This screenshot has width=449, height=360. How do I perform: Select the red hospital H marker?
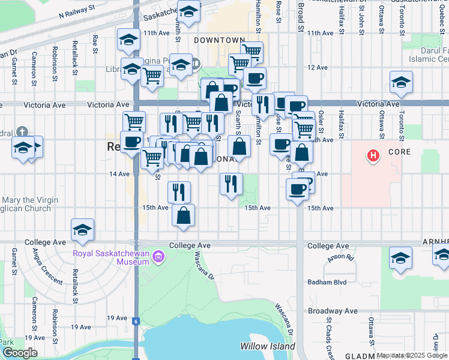coord(374,157)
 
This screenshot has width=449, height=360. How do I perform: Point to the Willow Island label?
coord(267,346)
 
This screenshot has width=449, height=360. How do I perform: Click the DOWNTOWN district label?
coord(219,40)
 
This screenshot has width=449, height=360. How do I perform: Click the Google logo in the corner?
coord(19,353)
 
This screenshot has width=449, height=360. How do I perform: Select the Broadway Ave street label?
coord(333,311)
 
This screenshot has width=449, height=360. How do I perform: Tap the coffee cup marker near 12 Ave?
coord(255,78)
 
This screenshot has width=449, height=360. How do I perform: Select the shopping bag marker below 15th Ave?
coord(183,215)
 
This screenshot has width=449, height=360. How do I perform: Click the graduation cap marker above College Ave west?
coord(82,229)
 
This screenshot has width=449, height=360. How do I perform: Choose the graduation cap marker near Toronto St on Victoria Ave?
coord(401,82)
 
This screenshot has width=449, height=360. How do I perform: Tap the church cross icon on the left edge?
coord(22,131)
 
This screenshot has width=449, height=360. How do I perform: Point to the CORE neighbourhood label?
coord(399,152)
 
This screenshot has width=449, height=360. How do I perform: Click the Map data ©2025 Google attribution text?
coord(412,356)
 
